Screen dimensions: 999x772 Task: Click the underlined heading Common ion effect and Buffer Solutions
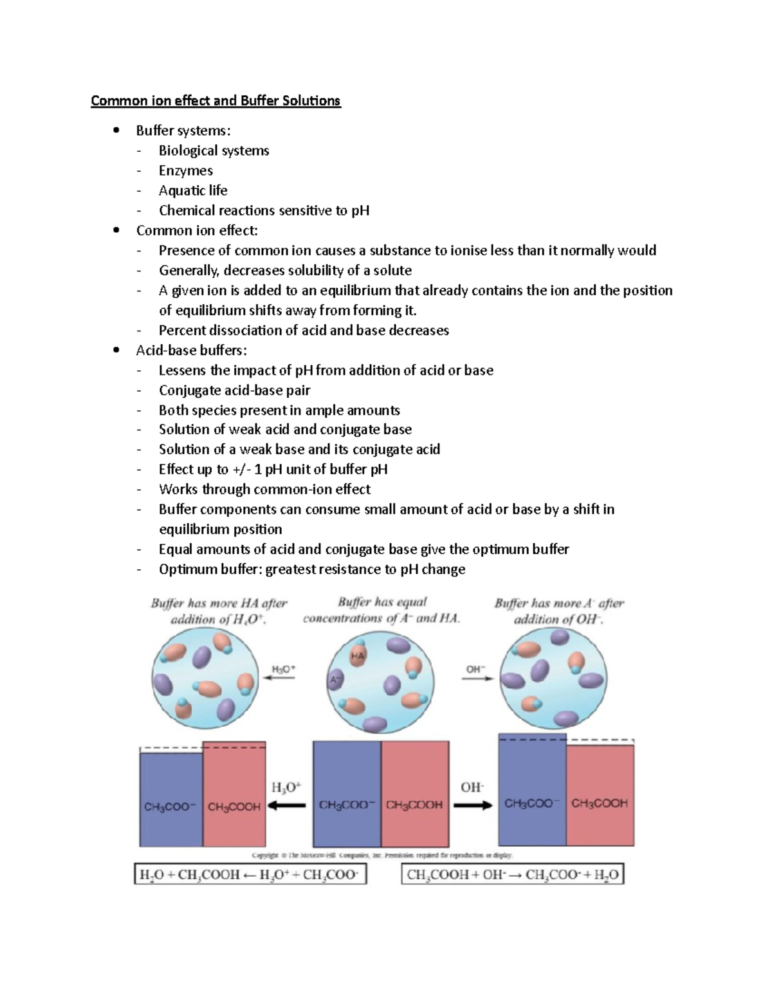(216, 101)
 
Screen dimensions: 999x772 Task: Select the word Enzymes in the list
(186, 170)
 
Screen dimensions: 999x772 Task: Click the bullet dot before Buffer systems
(116, 131)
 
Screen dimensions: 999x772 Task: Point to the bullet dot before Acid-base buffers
(116, 350)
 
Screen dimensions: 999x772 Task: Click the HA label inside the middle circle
(358, 655)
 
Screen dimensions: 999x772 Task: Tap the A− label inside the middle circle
(335, 677)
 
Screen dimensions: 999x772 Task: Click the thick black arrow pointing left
(287, 806)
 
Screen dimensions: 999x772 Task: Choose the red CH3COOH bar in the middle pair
(415, 794)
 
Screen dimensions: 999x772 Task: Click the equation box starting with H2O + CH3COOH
(250, 875)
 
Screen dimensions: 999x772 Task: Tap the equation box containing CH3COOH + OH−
(513, 875)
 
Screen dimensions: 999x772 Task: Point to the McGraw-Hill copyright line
(382, 856)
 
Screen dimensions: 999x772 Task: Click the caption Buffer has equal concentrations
(381, 610)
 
